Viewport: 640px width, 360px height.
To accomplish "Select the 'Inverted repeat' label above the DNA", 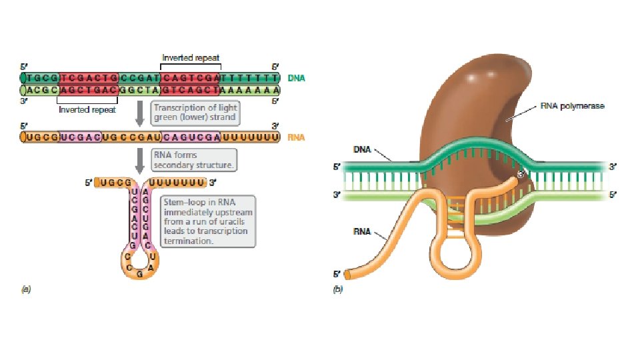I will tap(191, 58).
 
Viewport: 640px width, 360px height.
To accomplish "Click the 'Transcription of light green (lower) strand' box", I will tap(195, 111).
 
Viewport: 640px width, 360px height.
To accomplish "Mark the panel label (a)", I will tap(27, 289).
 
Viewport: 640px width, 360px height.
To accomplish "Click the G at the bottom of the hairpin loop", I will tap(138, 274).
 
